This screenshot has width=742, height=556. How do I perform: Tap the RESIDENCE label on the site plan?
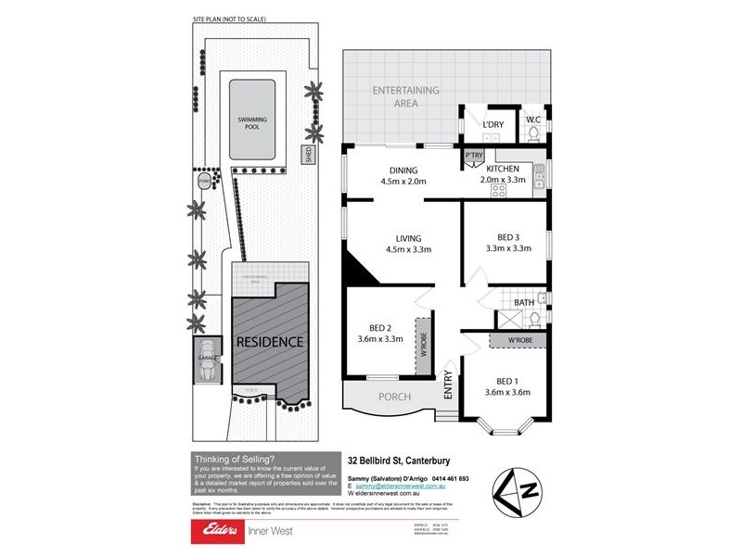click(x=269, y=342)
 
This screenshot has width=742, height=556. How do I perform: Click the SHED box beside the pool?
click(x=306, y=153)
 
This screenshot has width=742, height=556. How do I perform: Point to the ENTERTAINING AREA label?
click(x=405, y=96)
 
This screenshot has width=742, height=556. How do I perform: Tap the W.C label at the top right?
click(x=532, y=120)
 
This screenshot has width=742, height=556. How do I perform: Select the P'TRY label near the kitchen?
click(x=474, y=155)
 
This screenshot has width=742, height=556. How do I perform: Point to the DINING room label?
click(x=403, y=171)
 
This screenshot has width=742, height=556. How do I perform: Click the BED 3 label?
click(x=508, y=235)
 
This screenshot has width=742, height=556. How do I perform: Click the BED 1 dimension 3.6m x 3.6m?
click(x=507, y=392)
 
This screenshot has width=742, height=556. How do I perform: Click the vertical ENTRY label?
click(x=449, y=385)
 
